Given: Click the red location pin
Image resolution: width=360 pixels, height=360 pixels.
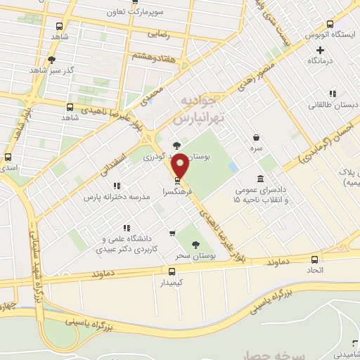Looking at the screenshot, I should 181,166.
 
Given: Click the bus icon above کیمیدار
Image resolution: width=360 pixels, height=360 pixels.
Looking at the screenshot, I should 172,271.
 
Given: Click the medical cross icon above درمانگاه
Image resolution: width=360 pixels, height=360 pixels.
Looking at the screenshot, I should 321,50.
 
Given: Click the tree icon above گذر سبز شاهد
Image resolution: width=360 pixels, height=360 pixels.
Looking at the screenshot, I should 51,60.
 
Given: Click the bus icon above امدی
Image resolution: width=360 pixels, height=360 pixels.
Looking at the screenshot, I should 8,157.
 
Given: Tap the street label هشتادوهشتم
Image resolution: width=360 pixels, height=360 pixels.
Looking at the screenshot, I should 153,57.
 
